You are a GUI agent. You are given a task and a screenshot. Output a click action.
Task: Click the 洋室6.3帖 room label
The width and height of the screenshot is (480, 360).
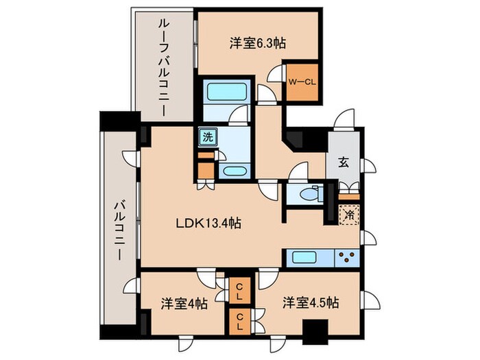[257, 43]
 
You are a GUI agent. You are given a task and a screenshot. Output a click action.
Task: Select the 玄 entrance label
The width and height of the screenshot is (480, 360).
[342, 163]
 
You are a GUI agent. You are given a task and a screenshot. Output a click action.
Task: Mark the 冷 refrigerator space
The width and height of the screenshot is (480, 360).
[348, 215]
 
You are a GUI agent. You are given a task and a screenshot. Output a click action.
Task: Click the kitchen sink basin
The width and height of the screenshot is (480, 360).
[304, 258]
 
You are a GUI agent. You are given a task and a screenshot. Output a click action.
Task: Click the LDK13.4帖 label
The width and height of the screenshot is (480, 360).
[209, 223]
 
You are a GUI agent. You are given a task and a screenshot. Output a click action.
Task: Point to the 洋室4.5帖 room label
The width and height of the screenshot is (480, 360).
[311, 302]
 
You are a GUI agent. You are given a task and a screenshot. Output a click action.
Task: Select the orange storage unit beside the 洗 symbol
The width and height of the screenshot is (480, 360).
[205, 165]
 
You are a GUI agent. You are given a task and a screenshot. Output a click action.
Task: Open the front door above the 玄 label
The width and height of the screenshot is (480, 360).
[345, 121]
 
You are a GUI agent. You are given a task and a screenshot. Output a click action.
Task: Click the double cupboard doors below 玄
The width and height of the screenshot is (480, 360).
[348, 188]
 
